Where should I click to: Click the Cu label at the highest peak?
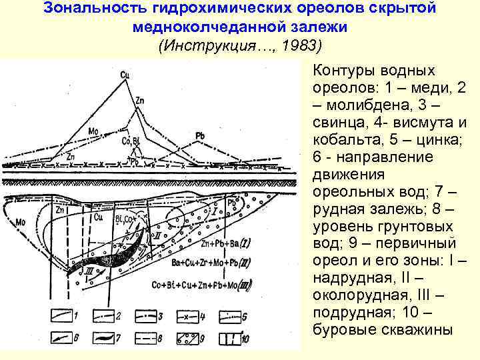(x=125, y=75)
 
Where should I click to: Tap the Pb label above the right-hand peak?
(x=199, y=136)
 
